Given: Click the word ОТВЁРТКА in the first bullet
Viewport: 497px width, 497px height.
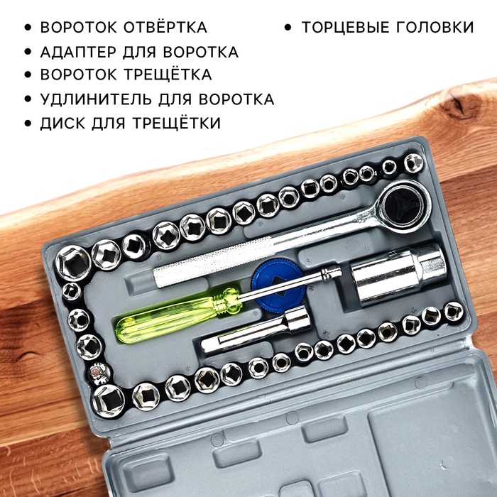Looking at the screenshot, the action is click(165, 27).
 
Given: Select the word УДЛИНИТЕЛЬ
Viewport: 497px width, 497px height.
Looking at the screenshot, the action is click(96, 99).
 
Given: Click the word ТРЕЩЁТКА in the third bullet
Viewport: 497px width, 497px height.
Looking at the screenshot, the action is click(168, 75).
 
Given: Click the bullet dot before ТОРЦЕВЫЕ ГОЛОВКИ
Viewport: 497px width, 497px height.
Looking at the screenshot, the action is click(288, 28).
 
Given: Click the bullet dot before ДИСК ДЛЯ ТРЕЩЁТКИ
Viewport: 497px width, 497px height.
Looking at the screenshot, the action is click(28, 123).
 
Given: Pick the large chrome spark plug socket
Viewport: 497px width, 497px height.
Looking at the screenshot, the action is click(400, 274).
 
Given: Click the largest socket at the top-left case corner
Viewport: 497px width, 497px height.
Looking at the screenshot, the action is click(74, 263).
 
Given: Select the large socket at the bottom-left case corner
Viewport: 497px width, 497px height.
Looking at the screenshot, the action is click(109, 400).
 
